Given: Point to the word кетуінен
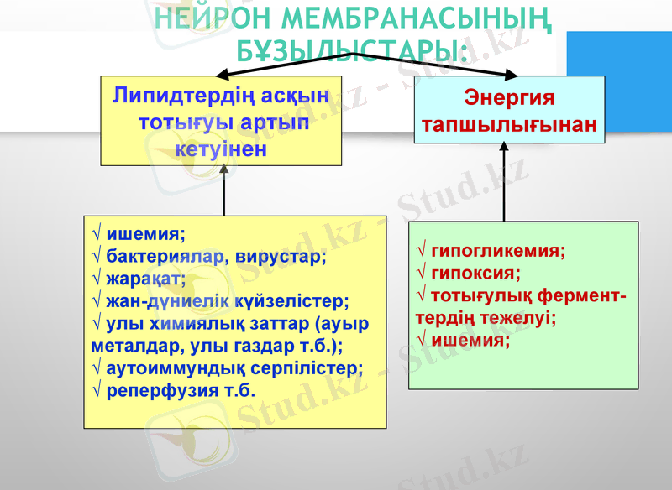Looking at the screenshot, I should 221,149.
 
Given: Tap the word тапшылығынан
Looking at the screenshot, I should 509,125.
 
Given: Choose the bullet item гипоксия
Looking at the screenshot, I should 475,273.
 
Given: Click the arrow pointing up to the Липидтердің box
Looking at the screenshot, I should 223,191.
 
